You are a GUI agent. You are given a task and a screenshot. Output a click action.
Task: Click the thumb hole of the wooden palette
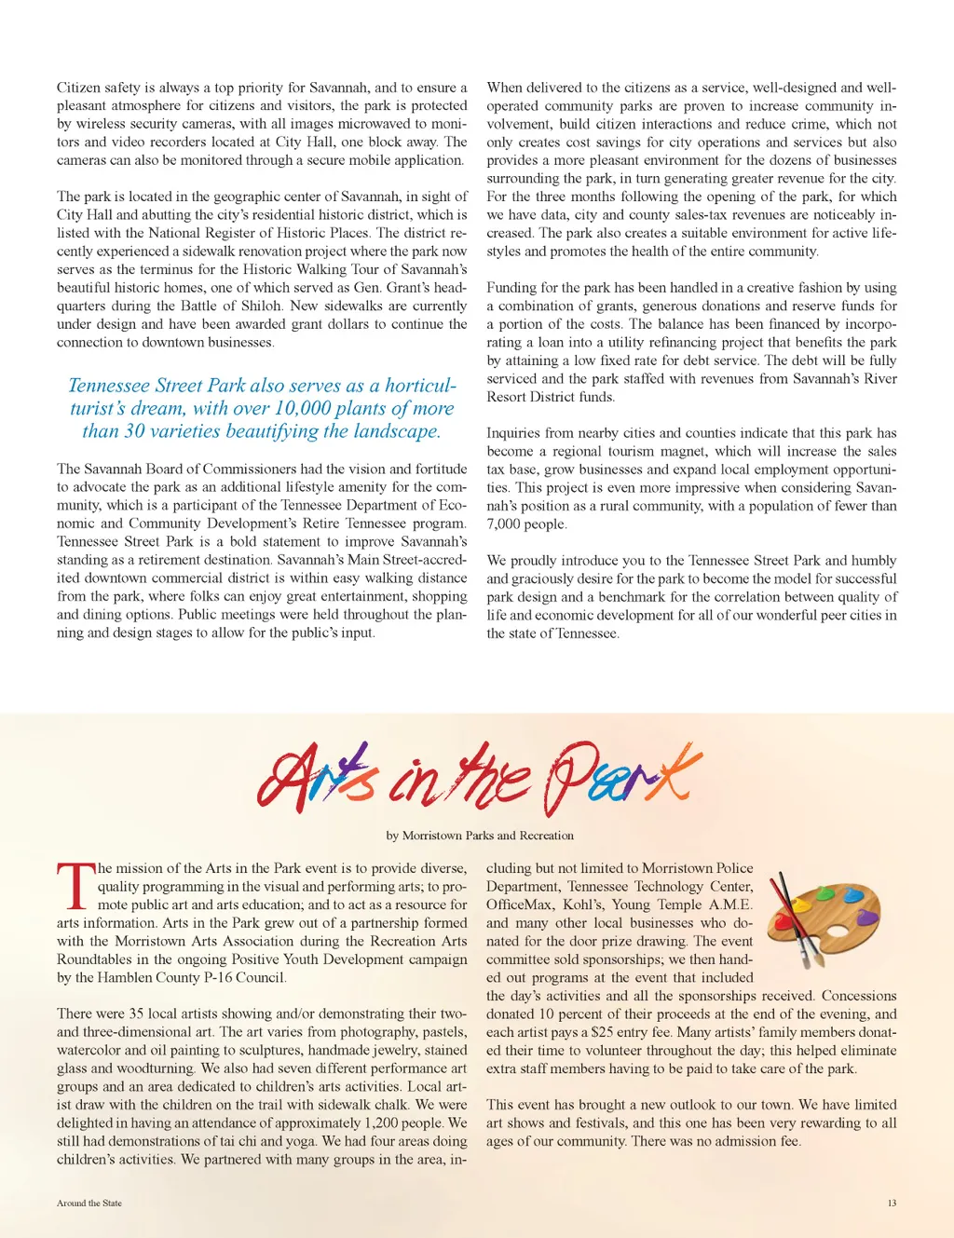click(x=837, y=930)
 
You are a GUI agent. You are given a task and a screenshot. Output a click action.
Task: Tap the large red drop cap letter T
click(x=75, y=886)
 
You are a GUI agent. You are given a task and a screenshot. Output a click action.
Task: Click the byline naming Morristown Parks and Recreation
click(x=480, y=836)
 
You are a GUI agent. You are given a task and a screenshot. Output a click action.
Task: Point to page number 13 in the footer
click(x=892, y=1203)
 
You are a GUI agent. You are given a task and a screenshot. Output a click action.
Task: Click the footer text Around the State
click(x=89, y=1203)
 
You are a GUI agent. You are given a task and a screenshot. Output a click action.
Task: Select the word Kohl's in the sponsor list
click(x=582, y=905)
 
